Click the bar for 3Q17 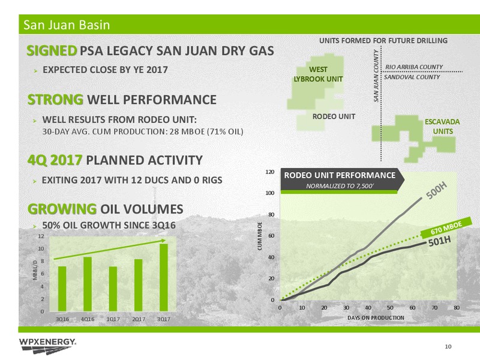pyautogui.click(x=164, y=277)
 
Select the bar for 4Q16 pyautogui.click(x=88, y=284)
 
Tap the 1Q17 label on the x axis pyautogui.click(x=113, y=319)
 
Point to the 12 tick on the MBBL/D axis pyautogui.click(x=41, y=236)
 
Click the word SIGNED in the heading pyautogui.click(x=52, y=50)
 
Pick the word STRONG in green pyautogui.click(x=55, y=100)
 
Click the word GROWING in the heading pyautogui.click(x=62, y=209)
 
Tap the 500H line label pyautogui.click(x=437, y=190)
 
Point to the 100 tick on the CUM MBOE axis pyautogui.click(x=269, y=193)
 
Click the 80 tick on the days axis pyautogui.click(x=457, y=308)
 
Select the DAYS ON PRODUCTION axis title pyautogui.click(x=376, y=318)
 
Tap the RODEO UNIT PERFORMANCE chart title pyautogui.click(x=340, y=175)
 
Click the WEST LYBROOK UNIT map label pyautogui.click(x=319, y=74)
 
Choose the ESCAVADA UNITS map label pyautogui.click(x=442, y=127)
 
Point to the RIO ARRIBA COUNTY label pyautogui.click(x=414, y=67)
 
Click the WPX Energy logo pyautogui.click(x=48, y=346)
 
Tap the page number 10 pyautogui.click(x=448, y=347)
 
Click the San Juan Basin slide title pyautogui.click(x=67, y=25)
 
